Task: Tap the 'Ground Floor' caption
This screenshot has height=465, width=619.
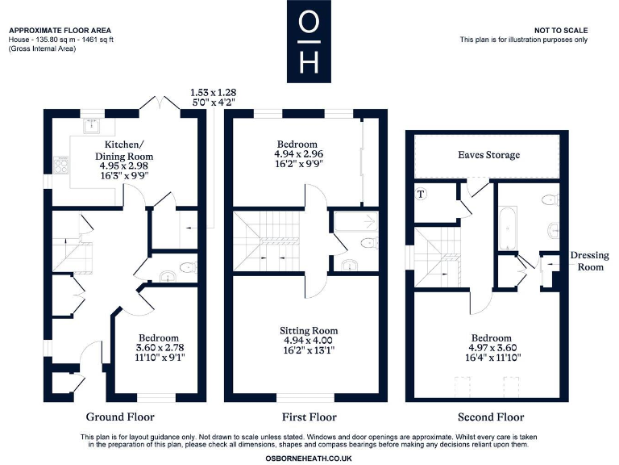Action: (120, 417)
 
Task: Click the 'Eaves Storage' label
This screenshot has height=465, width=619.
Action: (488, 154)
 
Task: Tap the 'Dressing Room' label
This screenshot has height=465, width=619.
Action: (589, 261)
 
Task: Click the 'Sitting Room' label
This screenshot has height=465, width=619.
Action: (309, 331)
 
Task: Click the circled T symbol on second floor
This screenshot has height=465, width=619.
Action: (421, 194)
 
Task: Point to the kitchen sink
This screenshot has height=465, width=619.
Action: (93, 124)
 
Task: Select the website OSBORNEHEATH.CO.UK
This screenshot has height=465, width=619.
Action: (309, 457)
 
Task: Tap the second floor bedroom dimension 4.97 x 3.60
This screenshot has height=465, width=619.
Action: (491, 350)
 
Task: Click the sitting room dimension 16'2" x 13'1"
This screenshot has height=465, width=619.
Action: (309, 350)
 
